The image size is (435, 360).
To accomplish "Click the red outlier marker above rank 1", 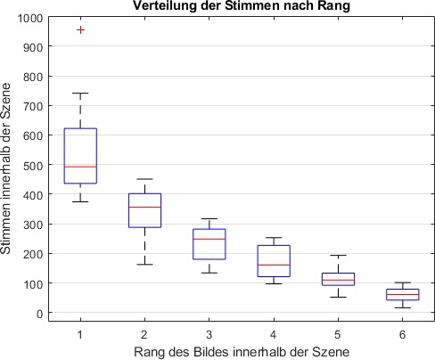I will click(x=81, y=29).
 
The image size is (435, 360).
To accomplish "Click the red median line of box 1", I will click(x=81, y=167).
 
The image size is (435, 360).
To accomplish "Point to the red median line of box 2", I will click(x=145, y=207).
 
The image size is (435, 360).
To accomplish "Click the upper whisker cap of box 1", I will click(x=81, y=94).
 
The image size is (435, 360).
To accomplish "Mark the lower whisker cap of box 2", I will click(x=145, y=265).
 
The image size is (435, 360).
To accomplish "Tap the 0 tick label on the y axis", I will click(x=38, y=314).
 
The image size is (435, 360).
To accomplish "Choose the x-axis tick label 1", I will click(x=81, y=332).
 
